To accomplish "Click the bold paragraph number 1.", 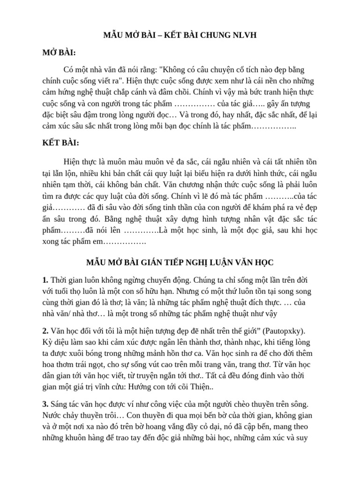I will click(45, 280).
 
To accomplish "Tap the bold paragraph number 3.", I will click(45, 404).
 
